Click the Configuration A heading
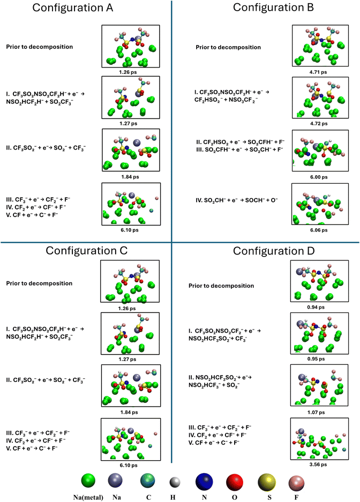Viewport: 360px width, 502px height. [x=73, y=8]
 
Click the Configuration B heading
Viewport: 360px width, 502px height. [x=273, y=8]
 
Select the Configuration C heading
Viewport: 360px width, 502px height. [x=86, y=251]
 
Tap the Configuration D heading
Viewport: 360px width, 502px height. [x=274, y=251]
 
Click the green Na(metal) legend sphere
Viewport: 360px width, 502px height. [x=88, y=481]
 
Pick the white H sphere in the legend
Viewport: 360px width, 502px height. [x=175, y=482]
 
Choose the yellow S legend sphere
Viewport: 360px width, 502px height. [x=267, y=482]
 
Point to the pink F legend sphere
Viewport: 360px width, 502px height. [x=296, y=482]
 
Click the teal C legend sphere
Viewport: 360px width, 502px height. [x=147, y=481]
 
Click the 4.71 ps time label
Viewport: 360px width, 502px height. [x=318, y=72]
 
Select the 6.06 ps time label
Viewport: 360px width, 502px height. [x=319, y=230]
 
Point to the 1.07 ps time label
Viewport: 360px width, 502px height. [x=316, y=412]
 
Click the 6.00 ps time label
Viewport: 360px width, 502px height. [x=319, y=177]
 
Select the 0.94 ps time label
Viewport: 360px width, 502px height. [x=316, y=307]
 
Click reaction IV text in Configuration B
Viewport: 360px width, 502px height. [x=236, y=200]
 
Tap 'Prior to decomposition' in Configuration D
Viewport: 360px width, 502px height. [x=221, y=286]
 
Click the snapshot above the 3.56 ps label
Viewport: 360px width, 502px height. [x=319, y=439]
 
